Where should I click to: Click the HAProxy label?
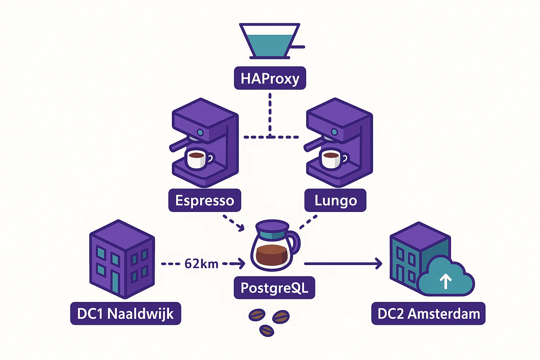coord(270,78)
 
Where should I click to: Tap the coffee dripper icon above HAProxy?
coord(270,40)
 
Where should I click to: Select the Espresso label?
coord(205,200)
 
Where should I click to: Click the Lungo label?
coord(335,200)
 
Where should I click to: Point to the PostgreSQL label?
coord(274,288)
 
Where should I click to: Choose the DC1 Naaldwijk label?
coord(126,313)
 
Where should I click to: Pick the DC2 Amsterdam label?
coord(428,313)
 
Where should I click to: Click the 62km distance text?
coord(201,263)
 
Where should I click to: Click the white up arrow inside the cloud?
coord(445,281)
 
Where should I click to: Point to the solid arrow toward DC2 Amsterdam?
coord(343,263)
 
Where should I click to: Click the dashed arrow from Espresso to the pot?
coord(233,223)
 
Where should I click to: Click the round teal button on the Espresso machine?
coord(200,132)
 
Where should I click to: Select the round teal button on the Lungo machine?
coord(334,132)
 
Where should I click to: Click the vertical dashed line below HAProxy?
coord(270,112)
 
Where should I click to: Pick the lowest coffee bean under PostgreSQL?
coord(266,330)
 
